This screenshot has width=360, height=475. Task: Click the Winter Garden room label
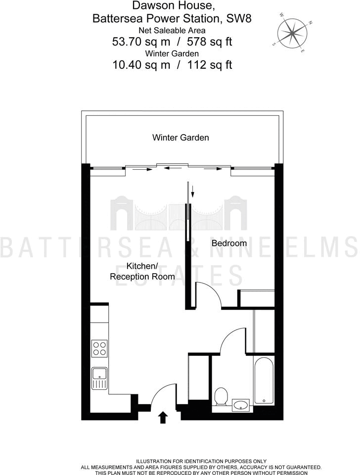pyautogui.click(x=180, y=138)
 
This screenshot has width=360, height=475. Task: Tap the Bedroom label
pyautogui.click(x=229, y=243)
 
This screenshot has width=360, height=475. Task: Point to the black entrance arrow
pyautogui.click(x=163, y=418)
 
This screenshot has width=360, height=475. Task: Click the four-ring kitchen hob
pyautogui.click(x=99, y=348)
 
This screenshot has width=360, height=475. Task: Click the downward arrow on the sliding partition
pyautogui.click(x=192, y=190)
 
